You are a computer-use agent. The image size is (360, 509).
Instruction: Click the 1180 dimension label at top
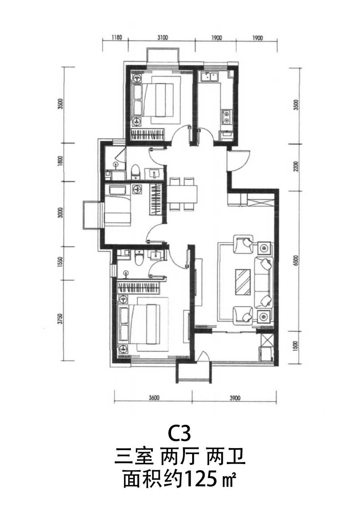pyautogui.click(x=117, y=37)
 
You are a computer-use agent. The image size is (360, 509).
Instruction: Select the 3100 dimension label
pyautogui.click(x=163, y=37)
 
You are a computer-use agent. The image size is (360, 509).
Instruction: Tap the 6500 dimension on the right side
pyautogui.click(x=296, y=261)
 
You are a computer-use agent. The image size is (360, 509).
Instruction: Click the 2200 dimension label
pyautogui.click(x=296, y=167)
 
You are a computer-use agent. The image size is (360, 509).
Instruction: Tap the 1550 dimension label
pyautogui.click(x=60, y=262)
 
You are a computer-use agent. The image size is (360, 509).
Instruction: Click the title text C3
pyautogui.click(x=179, y=433)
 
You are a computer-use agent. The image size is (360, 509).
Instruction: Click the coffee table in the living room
pyautogui.click(x=243, y=282)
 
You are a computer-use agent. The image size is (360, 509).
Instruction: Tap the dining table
pyautogui.click(x=182, y=194)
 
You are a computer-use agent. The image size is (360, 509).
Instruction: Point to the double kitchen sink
pyautogui.click(x=209, y=77)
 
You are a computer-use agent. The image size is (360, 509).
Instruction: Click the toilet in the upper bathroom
pyautogui.click(x=136, y=172)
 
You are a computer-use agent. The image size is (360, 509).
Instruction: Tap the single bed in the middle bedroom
pyautogui.click(x=117, y=206)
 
